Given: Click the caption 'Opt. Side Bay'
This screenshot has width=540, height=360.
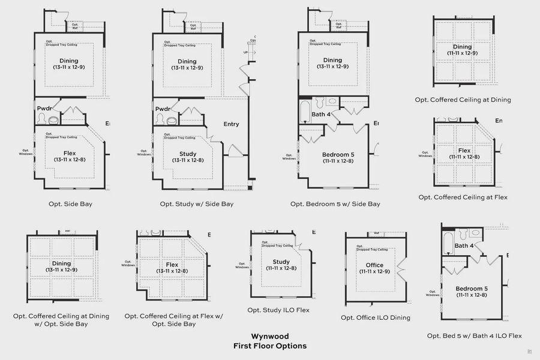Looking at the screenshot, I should click(70, 204).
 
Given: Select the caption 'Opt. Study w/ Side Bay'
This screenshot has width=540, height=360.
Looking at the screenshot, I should click(196, 204).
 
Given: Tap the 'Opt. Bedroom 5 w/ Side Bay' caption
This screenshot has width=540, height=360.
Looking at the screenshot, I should click(335, 204).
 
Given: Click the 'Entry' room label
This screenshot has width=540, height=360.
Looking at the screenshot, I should click(231, 124).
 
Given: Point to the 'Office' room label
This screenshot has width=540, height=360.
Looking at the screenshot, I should click(374, 265).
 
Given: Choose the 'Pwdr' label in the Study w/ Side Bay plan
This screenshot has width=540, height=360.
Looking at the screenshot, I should click(163, 109).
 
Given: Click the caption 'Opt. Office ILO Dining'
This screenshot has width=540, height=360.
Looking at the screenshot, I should click(376, 317).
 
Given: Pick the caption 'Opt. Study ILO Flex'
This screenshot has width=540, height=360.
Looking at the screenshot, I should click(278, 310).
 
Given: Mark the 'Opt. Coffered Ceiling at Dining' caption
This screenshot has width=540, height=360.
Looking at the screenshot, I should click(463, 100).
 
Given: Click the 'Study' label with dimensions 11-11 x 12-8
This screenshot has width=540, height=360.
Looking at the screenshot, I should click(281, 262).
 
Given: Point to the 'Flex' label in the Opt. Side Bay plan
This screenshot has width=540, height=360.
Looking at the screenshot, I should click(70, 154).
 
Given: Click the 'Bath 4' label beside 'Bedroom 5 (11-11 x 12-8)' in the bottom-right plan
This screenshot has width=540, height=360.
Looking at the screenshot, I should click(464, 245).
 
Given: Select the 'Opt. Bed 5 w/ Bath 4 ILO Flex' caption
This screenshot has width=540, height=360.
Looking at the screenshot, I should click(475, 336).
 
